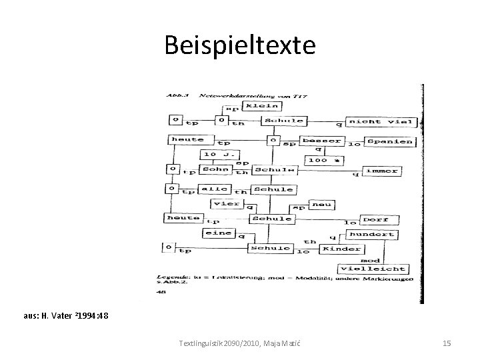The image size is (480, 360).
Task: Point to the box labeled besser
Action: (322, 141)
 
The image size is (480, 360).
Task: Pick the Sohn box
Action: (214, 169)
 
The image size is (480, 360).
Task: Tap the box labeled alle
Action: (215, 189)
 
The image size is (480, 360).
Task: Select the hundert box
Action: (373, 235)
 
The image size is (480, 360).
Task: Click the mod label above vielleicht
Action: (370, 259)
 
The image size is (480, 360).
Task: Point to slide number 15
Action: (447, 343)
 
